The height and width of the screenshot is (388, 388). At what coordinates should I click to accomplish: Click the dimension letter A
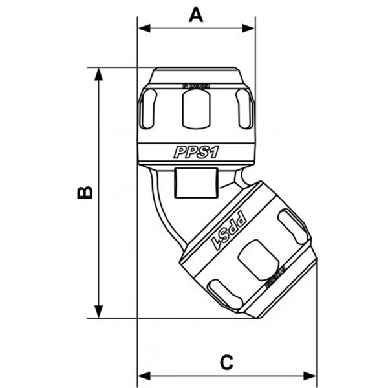(196, 14)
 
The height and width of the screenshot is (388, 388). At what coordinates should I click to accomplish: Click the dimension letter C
(226, 362)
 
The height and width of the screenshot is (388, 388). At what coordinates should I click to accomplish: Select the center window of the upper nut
(196, 107)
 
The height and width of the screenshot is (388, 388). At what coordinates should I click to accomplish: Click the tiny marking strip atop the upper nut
(196, 85)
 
